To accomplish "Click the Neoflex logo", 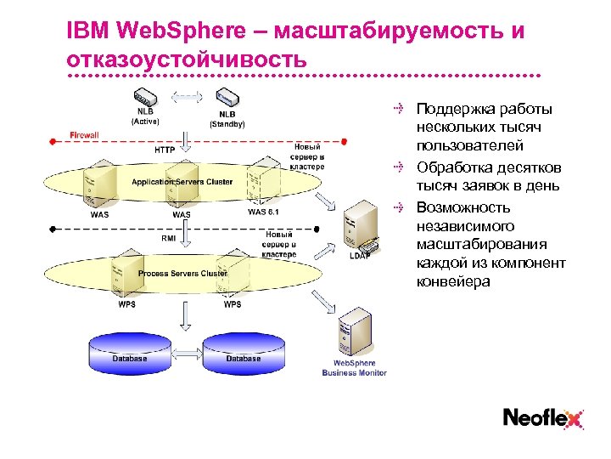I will pos(543,417).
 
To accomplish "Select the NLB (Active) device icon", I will pos(144,95).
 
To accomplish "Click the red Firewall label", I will pos(84,135).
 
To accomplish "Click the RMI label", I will pos(169,239).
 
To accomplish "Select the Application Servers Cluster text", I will pos(182,182).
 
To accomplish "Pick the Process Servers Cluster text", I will pos(182,274).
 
